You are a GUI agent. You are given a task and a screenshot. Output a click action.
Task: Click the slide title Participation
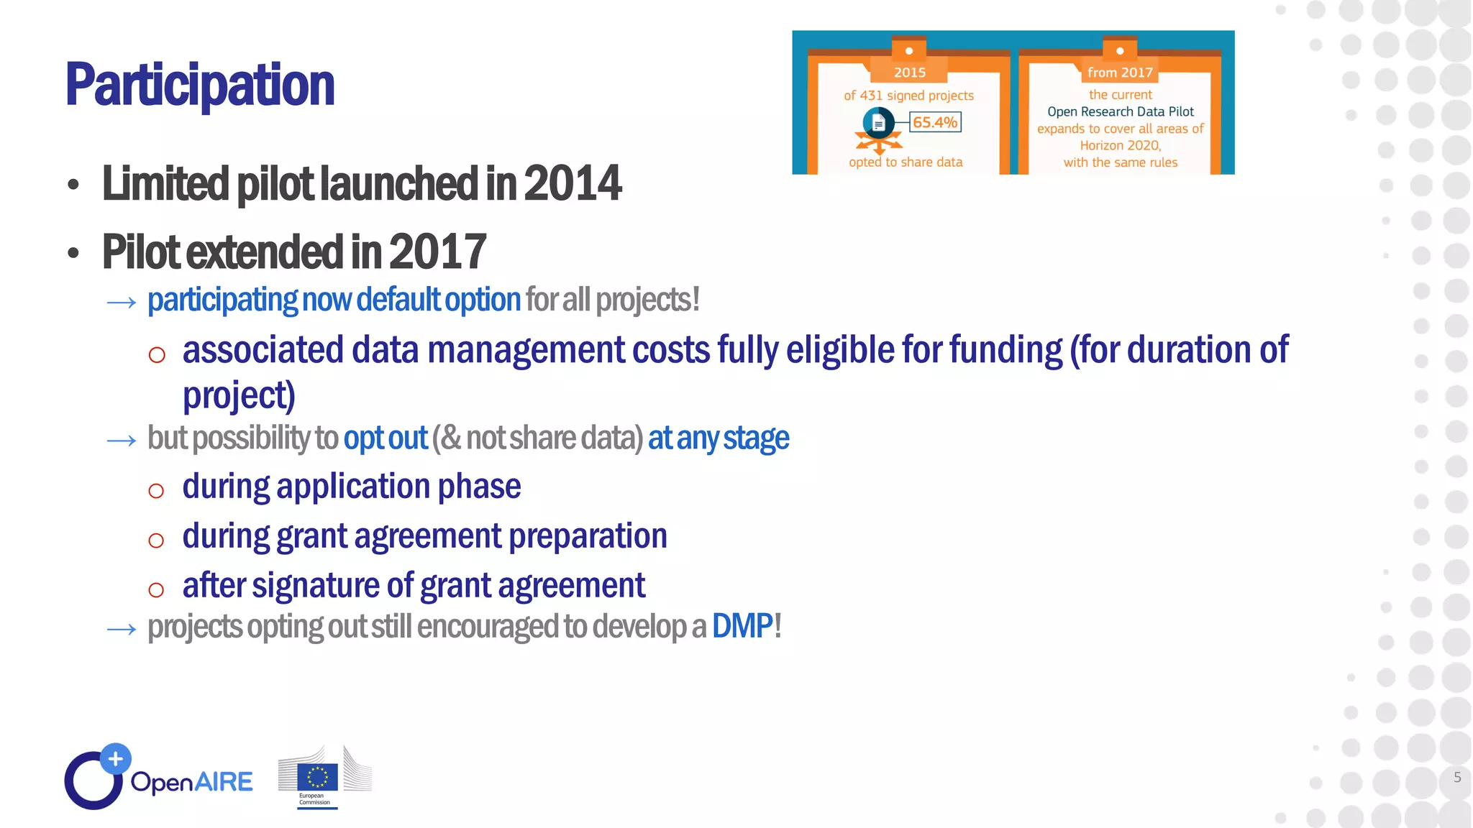200,85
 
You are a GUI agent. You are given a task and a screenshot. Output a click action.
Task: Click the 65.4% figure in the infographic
934,122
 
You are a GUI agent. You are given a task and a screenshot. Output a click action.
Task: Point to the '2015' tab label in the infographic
909,72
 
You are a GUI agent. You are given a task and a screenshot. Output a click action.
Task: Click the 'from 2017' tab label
1120,72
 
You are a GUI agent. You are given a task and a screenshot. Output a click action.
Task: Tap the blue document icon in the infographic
878,123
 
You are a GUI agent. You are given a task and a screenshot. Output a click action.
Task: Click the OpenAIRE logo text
191,782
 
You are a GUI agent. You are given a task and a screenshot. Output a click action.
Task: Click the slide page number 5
1457,777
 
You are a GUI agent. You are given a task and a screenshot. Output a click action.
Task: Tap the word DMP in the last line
742,626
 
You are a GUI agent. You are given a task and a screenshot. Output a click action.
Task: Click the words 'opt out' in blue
386,438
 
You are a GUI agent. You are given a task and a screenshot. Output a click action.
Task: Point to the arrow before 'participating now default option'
121,303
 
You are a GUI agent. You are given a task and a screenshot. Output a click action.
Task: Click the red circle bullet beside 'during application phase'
156,491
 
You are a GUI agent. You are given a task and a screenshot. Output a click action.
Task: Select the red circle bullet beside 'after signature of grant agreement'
156,590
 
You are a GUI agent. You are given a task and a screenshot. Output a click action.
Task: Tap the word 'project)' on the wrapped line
239,396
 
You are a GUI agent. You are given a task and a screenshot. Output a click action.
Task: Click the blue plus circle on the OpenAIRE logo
115,758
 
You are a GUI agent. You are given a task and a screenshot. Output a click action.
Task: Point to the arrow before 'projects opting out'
121,630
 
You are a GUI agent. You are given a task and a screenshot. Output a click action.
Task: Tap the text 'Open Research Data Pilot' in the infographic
1120,111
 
